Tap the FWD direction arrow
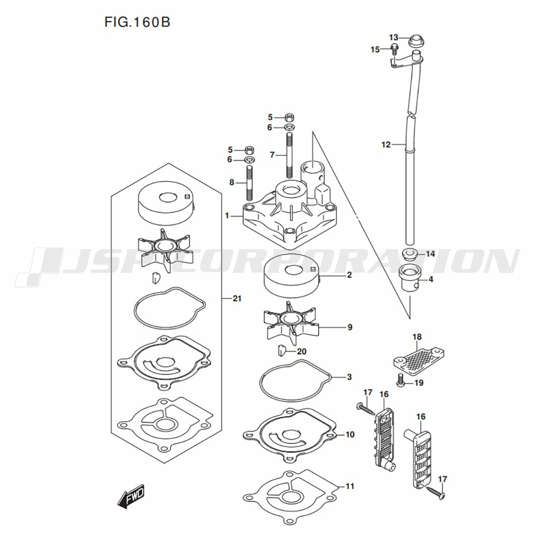131,498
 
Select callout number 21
237,298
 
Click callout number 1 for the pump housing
227,216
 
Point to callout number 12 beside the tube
386,144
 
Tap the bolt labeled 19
400,382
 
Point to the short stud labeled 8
249,183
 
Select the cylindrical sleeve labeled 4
410,277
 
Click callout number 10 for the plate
350,434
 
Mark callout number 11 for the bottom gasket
350,486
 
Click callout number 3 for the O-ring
349,377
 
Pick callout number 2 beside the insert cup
349,276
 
